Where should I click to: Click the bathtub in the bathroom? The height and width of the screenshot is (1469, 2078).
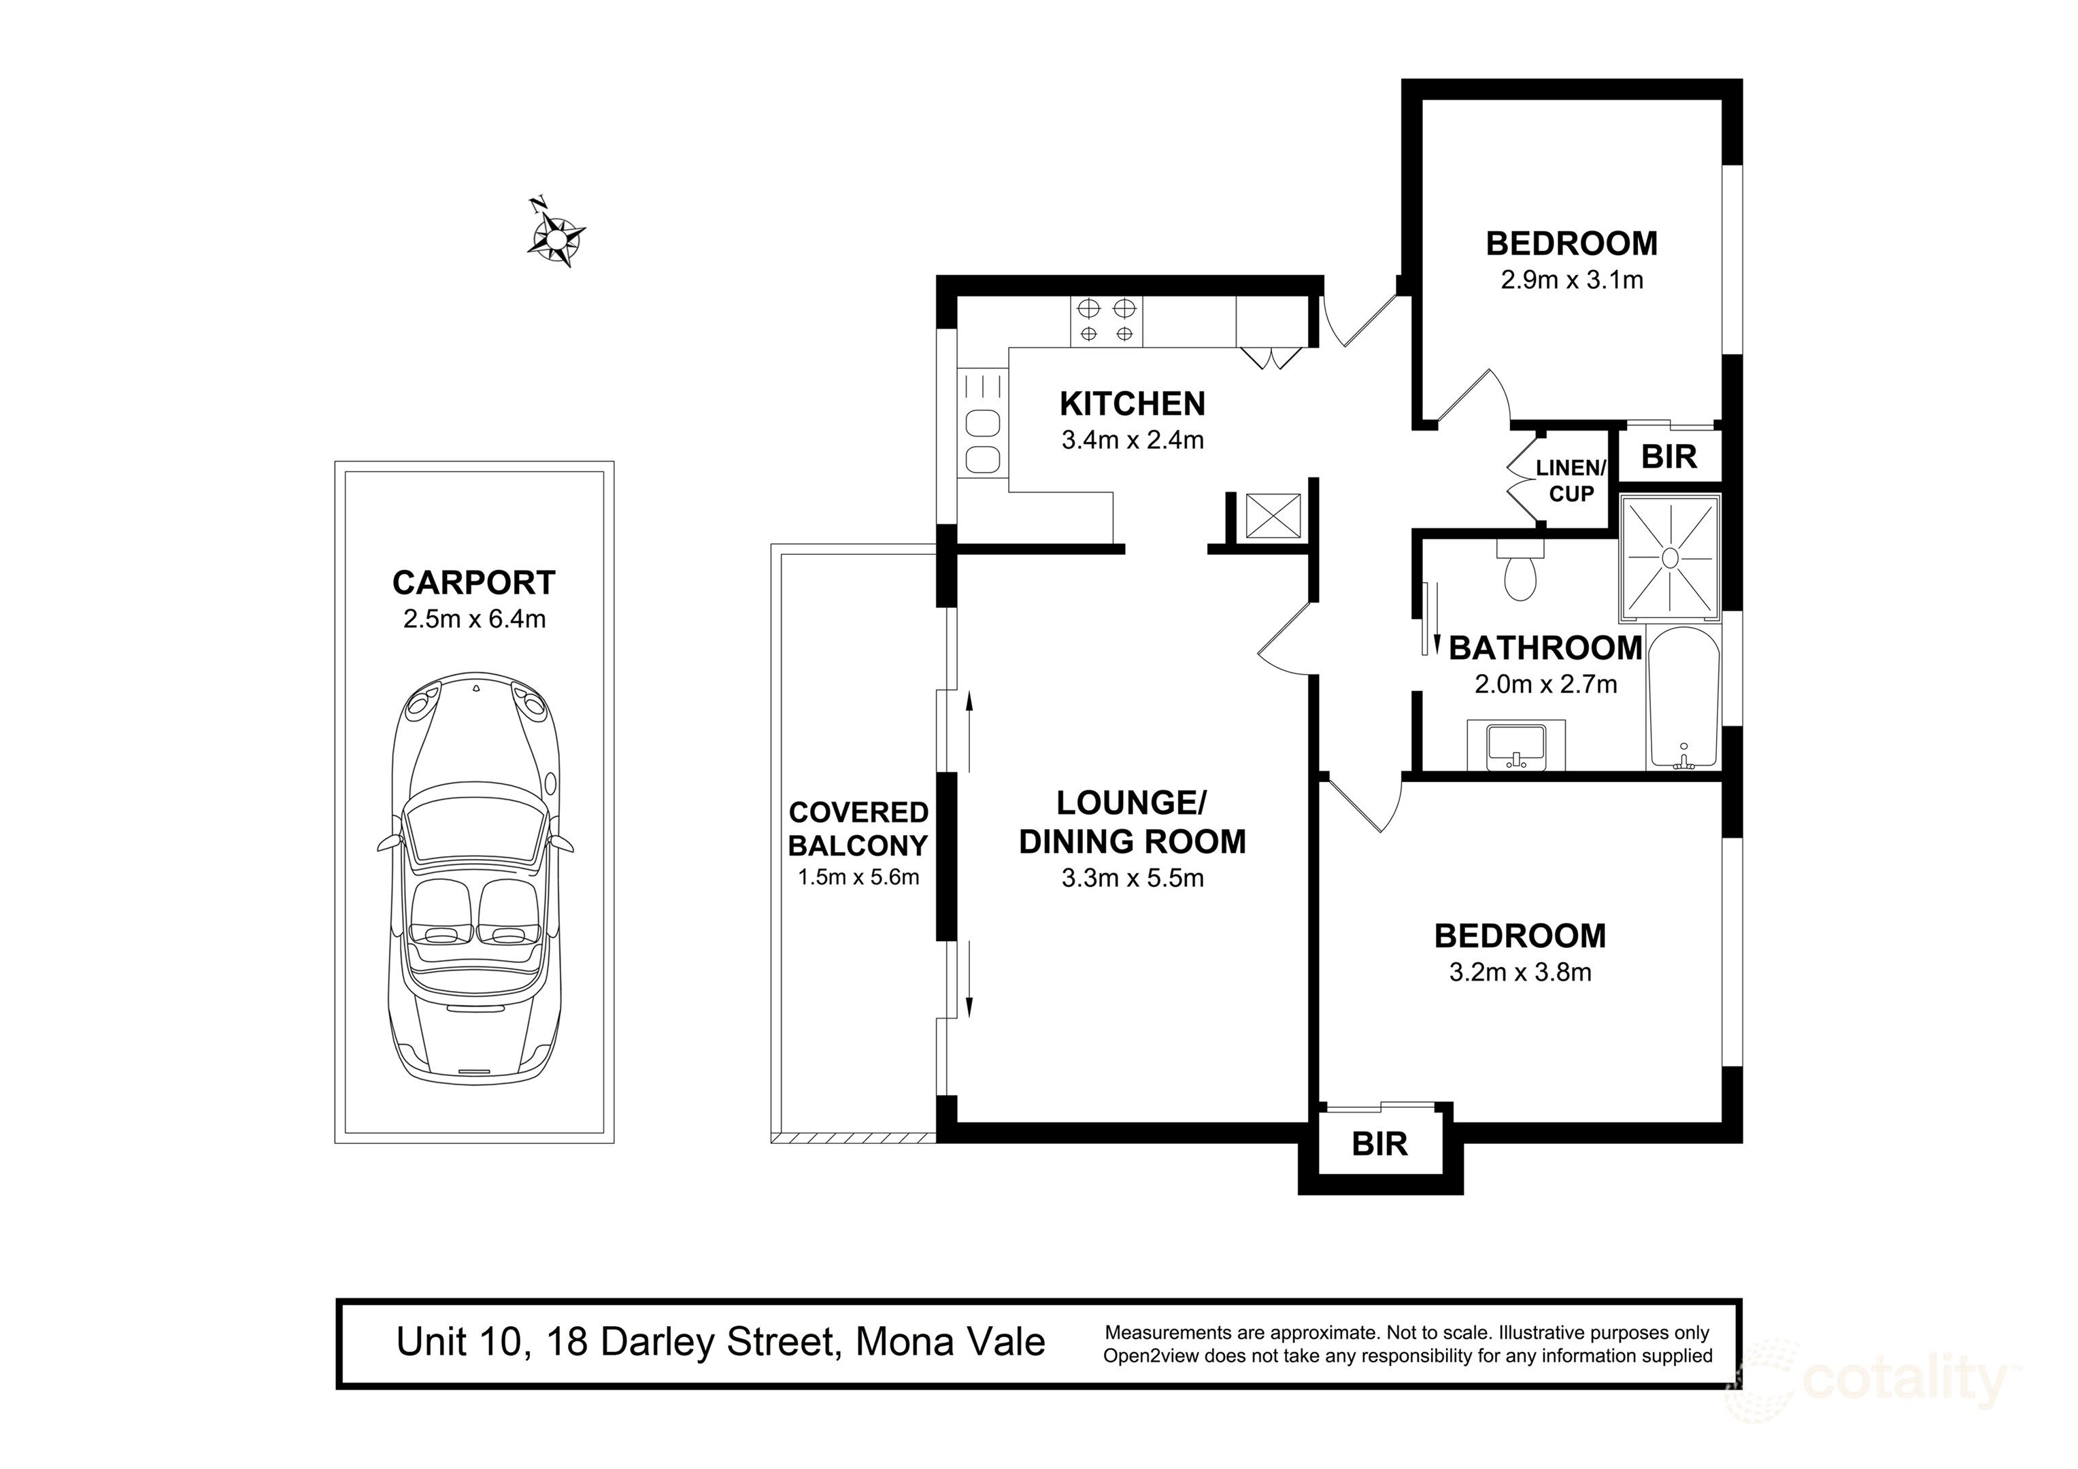click(1683, 698)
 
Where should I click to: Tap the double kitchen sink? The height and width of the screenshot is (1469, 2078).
click(982, 441)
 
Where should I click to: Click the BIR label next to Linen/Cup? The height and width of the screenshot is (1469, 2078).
click(1669, 456)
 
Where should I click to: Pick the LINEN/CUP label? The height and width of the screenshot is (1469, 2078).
click(1571, 481)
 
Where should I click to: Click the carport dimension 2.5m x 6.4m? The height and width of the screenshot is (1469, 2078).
click(473, 619)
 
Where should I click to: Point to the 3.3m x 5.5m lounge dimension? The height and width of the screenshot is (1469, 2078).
click(1133, 878)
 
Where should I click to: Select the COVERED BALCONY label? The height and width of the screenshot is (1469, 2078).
click(858, 828)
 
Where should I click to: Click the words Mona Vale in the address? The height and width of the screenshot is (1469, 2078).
click(950, 1343)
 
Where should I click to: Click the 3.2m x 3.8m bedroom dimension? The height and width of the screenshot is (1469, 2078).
click(1520, 972)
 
